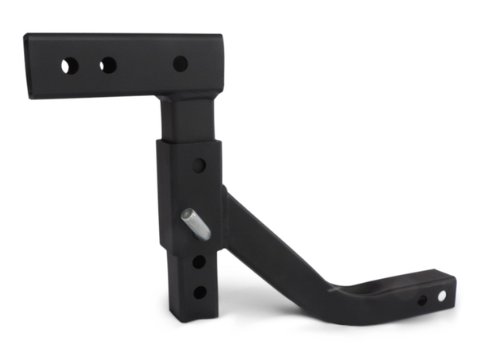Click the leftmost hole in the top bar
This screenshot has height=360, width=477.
click(x=66, y=66)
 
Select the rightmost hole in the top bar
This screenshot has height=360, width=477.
click(x=180, y=63)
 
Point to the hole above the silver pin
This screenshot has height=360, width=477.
click(x=199, y=165)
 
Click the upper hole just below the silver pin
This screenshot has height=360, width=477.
click(x=199, y=261)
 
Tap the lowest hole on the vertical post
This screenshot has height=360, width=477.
click(x=199, y=292)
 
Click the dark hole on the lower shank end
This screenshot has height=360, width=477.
click(x=422, y=300)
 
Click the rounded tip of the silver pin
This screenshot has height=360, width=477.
click(x=188, y=212)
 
